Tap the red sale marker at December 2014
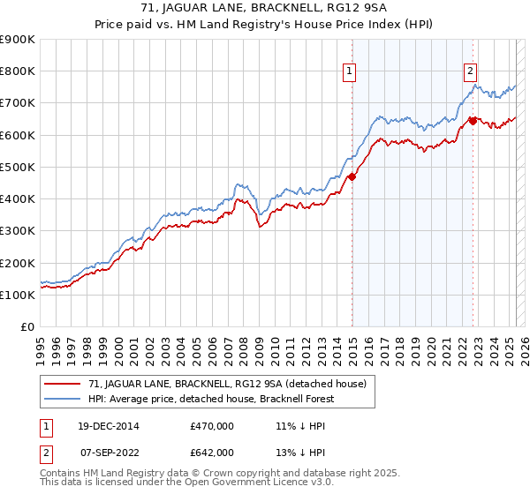point(352,176)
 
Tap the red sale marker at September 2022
point(473,121)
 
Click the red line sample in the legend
point(63,383)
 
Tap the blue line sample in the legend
point(63,399)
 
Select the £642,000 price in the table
point(212,452)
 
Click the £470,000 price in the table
point(212,426)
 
